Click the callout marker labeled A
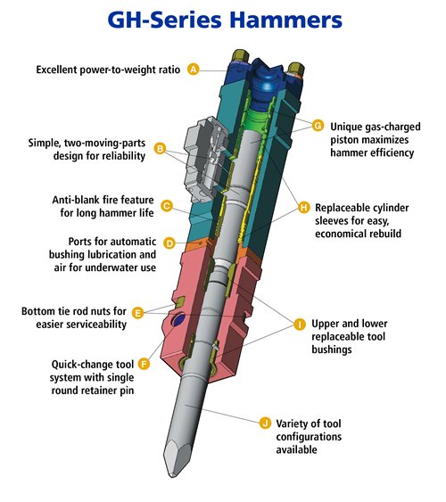pyautogui.click(x=194, y=70)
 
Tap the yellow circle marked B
pyautogui.click(x=160, y=149)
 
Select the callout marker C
pyautogui.click(x=167, y=206)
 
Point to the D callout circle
pyautogui.click(x=169, y=243)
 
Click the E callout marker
pyautogui.click(x=137, y=313)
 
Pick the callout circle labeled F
pyautogui.click(x=145, y=364)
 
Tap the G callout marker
pyautogui.click(x=318, y=126)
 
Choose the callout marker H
pyautogui.click(x=304, y=208)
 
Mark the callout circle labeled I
pyautogui.click(x=300, y=325)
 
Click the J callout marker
pyautogui.click(x=265, y=423)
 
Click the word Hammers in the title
pyautogui.click(x=286, y=20)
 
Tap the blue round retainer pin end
pyautogui.click(x=178, y=319)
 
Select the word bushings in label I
pyautogui.click(x=332, y=350)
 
